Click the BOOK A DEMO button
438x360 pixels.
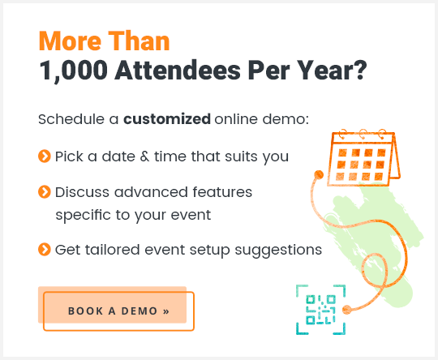coord(118,311)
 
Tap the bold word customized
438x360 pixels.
coord(166,120)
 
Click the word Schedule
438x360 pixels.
coord(71,120)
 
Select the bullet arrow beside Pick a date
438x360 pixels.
coord(45,155)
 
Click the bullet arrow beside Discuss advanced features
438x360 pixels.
coord(45,192)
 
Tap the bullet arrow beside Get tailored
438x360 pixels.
coord(45,249)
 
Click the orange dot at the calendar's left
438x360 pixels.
coord(318,175)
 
